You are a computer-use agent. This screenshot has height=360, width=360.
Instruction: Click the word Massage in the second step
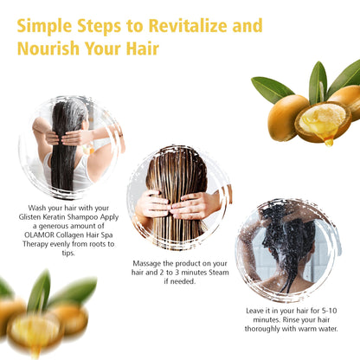tap(154, 262)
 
